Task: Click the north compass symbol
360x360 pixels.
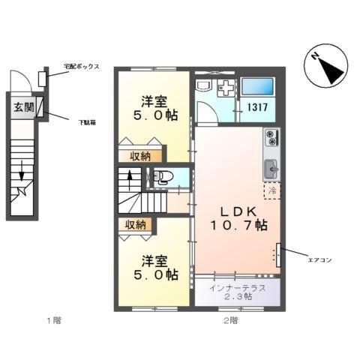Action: click(x=328, y=64)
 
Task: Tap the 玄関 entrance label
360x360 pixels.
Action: click(x=23, y=107)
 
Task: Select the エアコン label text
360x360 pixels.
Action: click(x=318, y=259)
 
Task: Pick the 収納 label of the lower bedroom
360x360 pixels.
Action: click(x=136, y=224)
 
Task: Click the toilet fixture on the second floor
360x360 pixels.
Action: click(x=163, y=178)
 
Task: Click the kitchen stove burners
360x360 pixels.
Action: click(x=271, y=139)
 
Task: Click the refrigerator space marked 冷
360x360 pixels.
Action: click(x=273, y=192)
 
